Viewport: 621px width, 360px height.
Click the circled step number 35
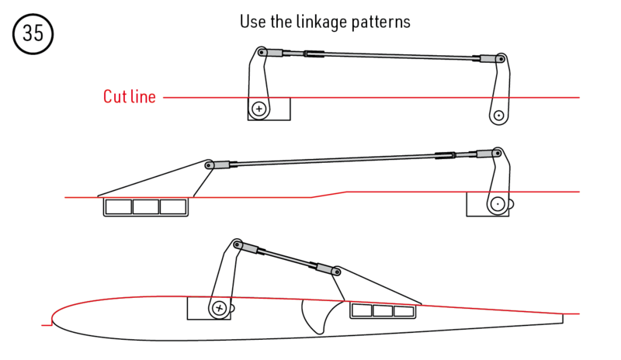(x=32, y=35)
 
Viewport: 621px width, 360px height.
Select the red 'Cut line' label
(x=130, y=97)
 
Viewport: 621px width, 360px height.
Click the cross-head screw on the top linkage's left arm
(x=258, y=109)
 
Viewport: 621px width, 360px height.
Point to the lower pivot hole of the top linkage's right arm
(x=498, y=116)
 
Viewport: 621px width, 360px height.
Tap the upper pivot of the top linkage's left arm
(x=262, y=53)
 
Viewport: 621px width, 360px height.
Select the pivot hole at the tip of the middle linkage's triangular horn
(x=208, y=164)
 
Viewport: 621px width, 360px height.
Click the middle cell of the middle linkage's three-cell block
(x=146, y=207)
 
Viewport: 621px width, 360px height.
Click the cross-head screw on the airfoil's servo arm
(x=220, y=308)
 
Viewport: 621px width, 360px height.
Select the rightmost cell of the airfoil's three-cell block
(x=404, y=311)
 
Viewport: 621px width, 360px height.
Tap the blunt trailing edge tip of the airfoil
(x=562, y=317)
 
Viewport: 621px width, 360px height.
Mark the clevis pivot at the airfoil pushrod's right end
(x=337, y=272)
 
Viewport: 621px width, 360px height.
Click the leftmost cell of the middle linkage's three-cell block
(x=119, y=207)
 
